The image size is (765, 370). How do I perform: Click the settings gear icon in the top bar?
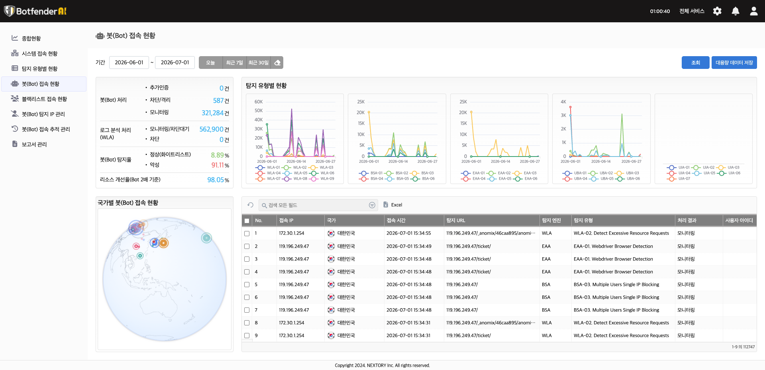717,11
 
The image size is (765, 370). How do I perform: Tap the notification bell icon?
736,11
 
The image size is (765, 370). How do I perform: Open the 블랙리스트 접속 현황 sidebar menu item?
44,99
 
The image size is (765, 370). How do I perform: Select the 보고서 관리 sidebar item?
34,144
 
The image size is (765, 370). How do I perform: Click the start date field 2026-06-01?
129,63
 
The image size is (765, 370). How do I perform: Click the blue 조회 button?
696,63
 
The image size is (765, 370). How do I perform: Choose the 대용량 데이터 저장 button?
734,63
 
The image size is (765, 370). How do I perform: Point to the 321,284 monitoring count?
212,113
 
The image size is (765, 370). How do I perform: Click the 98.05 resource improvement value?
216,180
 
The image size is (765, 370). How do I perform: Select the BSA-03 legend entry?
422,173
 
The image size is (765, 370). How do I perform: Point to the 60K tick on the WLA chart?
259,102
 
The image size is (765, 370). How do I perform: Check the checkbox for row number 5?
247,285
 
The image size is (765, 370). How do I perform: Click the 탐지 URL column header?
456,220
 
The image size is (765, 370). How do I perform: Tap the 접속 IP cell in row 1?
292,233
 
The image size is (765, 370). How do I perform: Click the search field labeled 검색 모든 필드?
318,205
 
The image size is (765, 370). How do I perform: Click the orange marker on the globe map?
163,243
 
